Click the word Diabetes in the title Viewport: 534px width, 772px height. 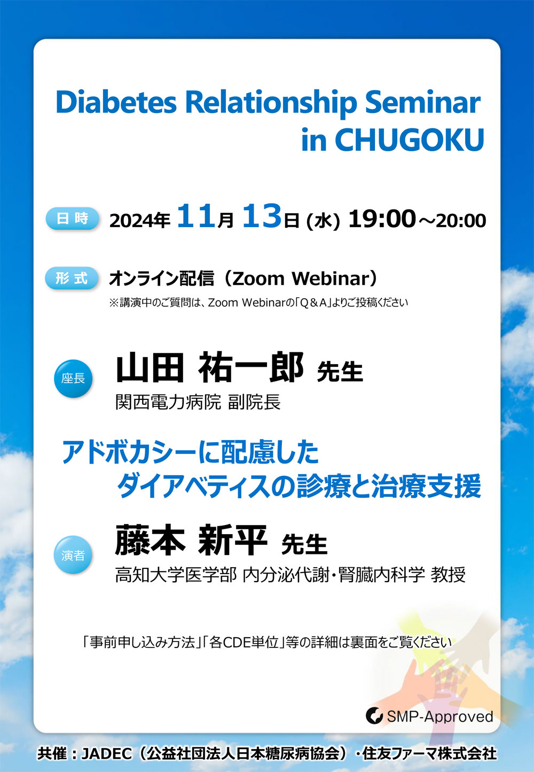116,102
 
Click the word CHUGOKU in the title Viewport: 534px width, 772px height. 410,140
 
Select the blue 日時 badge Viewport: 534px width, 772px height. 72,219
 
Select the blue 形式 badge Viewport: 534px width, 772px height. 72,278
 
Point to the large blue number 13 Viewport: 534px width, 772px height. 262,216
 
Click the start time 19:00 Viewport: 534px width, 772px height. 381,219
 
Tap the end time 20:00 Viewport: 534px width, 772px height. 461,221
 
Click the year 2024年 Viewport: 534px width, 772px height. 140,221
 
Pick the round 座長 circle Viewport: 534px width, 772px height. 73,379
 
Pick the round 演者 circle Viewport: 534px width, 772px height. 73,555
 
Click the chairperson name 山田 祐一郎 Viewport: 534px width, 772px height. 210,368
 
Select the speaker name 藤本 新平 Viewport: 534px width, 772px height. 191,541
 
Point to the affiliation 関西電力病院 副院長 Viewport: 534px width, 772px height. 198,402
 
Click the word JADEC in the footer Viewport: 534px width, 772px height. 106,753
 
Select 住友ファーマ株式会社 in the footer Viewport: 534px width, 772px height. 429,753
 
